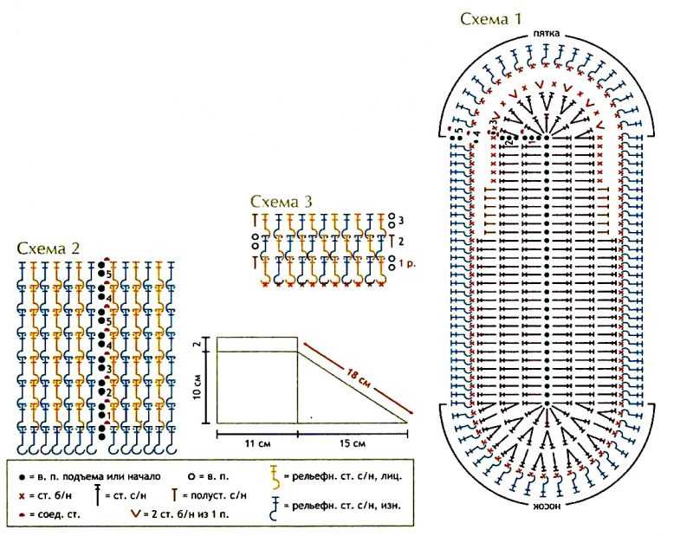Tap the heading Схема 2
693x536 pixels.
pos(49,248)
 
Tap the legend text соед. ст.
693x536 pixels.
pos(54,515)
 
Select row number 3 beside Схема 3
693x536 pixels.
pos(402,221)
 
